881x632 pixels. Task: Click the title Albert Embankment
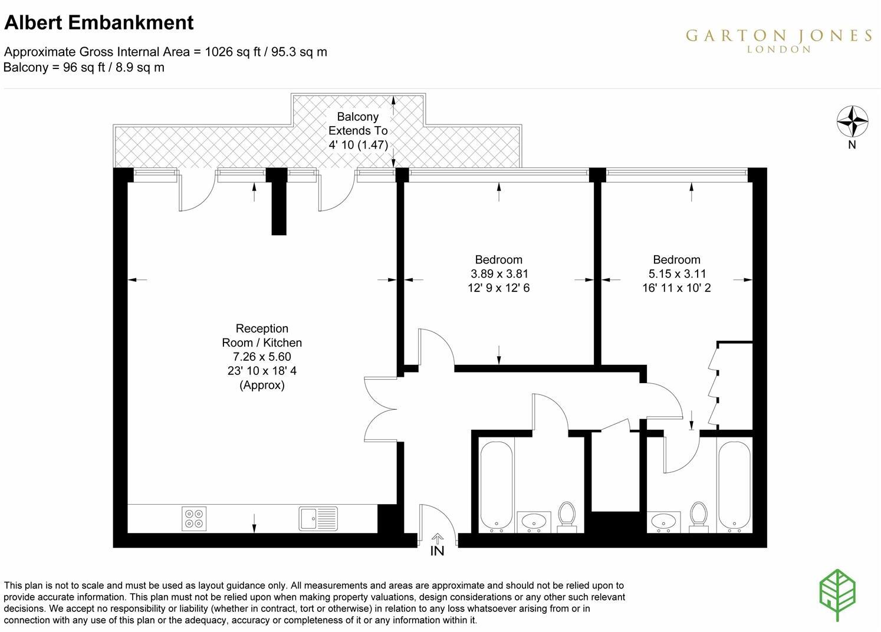click(99, 22)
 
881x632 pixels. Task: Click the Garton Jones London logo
click(778, 39)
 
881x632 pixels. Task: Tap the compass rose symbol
click(852, 121)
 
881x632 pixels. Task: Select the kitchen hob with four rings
click(194, 518)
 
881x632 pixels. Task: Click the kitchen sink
click(318, 518)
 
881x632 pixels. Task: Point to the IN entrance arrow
click(438, 538)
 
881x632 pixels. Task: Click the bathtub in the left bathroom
click(496, 486)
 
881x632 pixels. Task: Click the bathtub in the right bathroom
click(734, 486)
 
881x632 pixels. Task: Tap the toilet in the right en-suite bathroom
click(699, 516)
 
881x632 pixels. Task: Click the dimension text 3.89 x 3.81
click(499, 274)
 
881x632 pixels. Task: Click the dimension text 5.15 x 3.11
click(676, 274)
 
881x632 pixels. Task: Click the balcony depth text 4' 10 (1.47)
click(358, 144)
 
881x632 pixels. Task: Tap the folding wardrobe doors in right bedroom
click(714, 386)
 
